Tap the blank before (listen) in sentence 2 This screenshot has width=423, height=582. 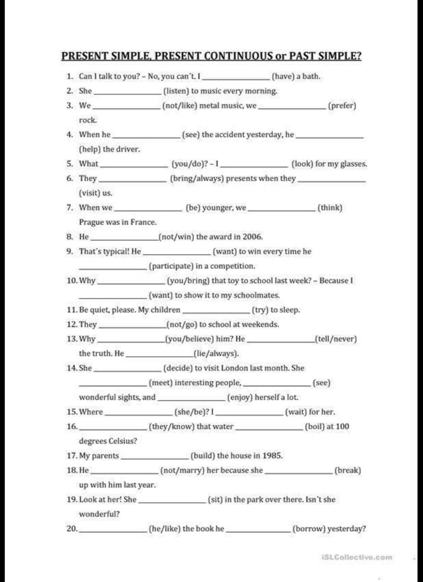[127, 94]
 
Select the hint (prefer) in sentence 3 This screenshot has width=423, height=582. [342, 106]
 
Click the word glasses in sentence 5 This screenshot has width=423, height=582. [352, 164]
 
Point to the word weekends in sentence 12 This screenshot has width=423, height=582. [263, 325]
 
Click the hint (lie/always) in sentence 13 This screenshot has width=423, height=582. [216, 353]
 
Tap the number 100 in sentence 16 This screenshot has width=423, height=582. [342, 426]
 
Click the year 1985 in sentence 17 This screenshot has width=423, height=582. [272, 456]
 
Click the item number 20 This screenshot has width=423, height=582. [72, 529]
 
